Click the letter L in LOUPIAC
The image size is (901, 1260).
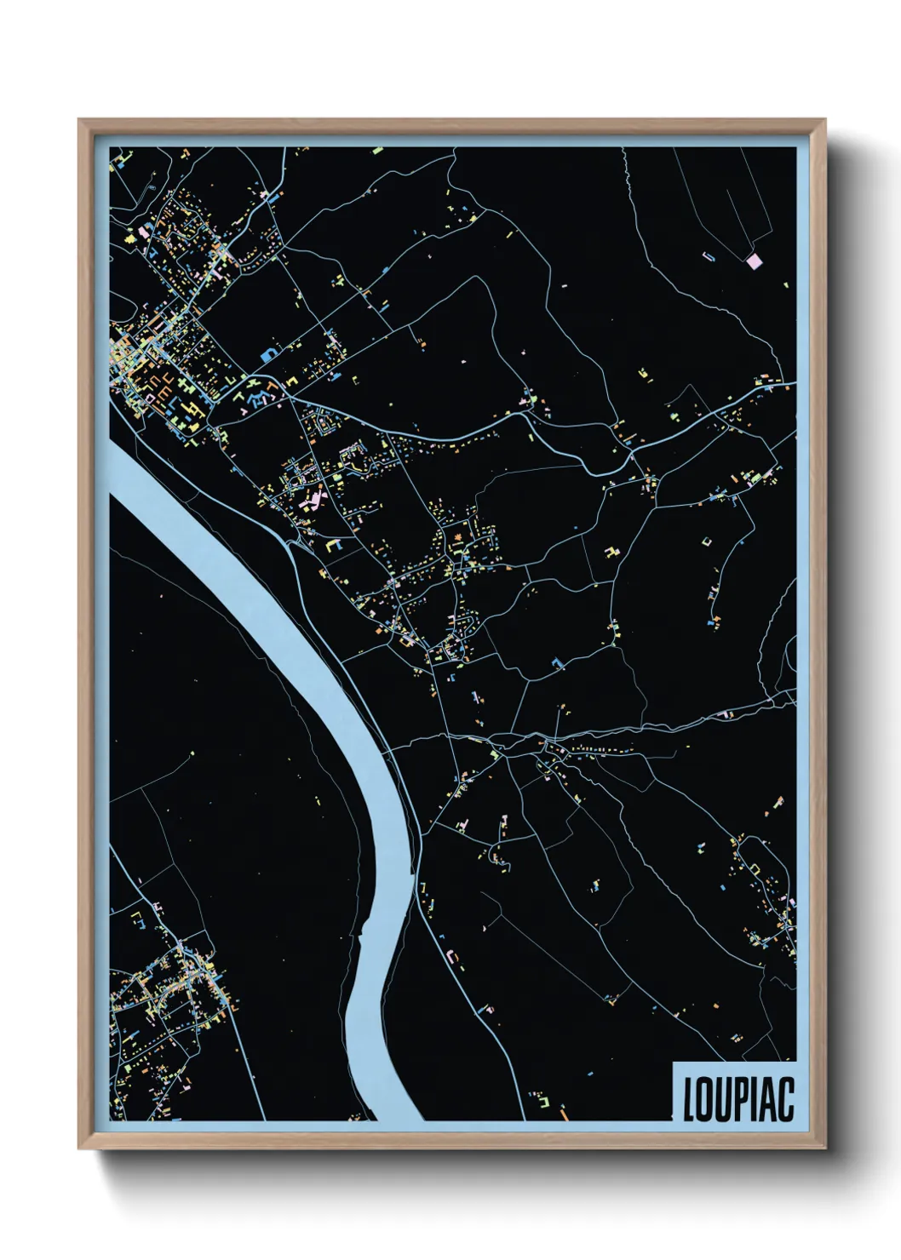pyautogui.click(x=690, y=1099)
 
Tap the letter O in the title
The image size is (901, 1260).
pyautogui.click(x=704, y=1099)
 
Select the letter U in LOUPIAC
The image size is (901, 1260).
pyautogui.click(x=721, y=1099)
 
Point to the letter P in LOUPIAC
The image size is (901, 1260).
pyautogui.click(x=738, y=1099)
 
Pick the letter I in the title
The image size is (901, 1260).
pyautogui.click(x=751, y=1099)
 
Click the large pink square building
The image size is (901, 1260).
pyautogui.click(x=753, y=261)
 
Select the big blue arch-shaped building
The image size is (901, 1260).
pyautogui.click(x=269, y=354)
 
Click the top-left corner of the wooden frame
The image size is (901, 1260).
pyautogui.click(x=80, y=121)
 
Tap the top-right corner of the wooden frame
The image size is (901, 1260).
pyautogui.click(x=824, y=121)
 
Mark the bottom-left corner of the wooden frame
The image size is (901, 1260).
pyautogui.click(x=80, y=1147)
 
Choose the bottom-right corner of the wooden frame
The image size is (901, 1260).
pyautogui.click(x=824, y=1147)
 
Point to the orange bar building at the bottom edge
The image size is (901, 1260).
pyautogui.click(x=563, y=1112)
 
